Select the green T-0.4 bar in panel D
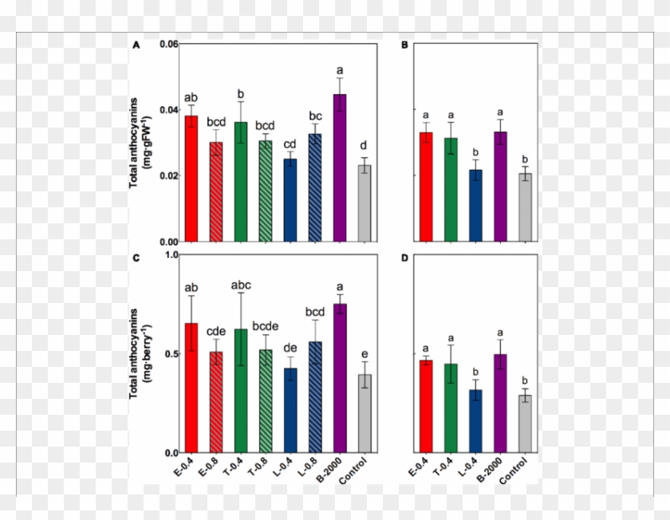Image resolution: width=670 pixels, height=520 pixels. pos(451,408)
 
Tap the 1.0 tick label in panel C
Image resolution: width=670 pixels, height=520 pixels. pos(168,255)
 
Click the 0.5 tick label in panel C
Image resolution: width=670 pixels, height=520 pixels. pos(168,354)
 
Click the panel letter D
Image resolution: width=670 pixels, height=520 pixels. pos(405,258)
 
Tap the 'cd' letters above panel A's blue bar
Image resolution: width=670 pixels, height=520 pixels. pos(290,144)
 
